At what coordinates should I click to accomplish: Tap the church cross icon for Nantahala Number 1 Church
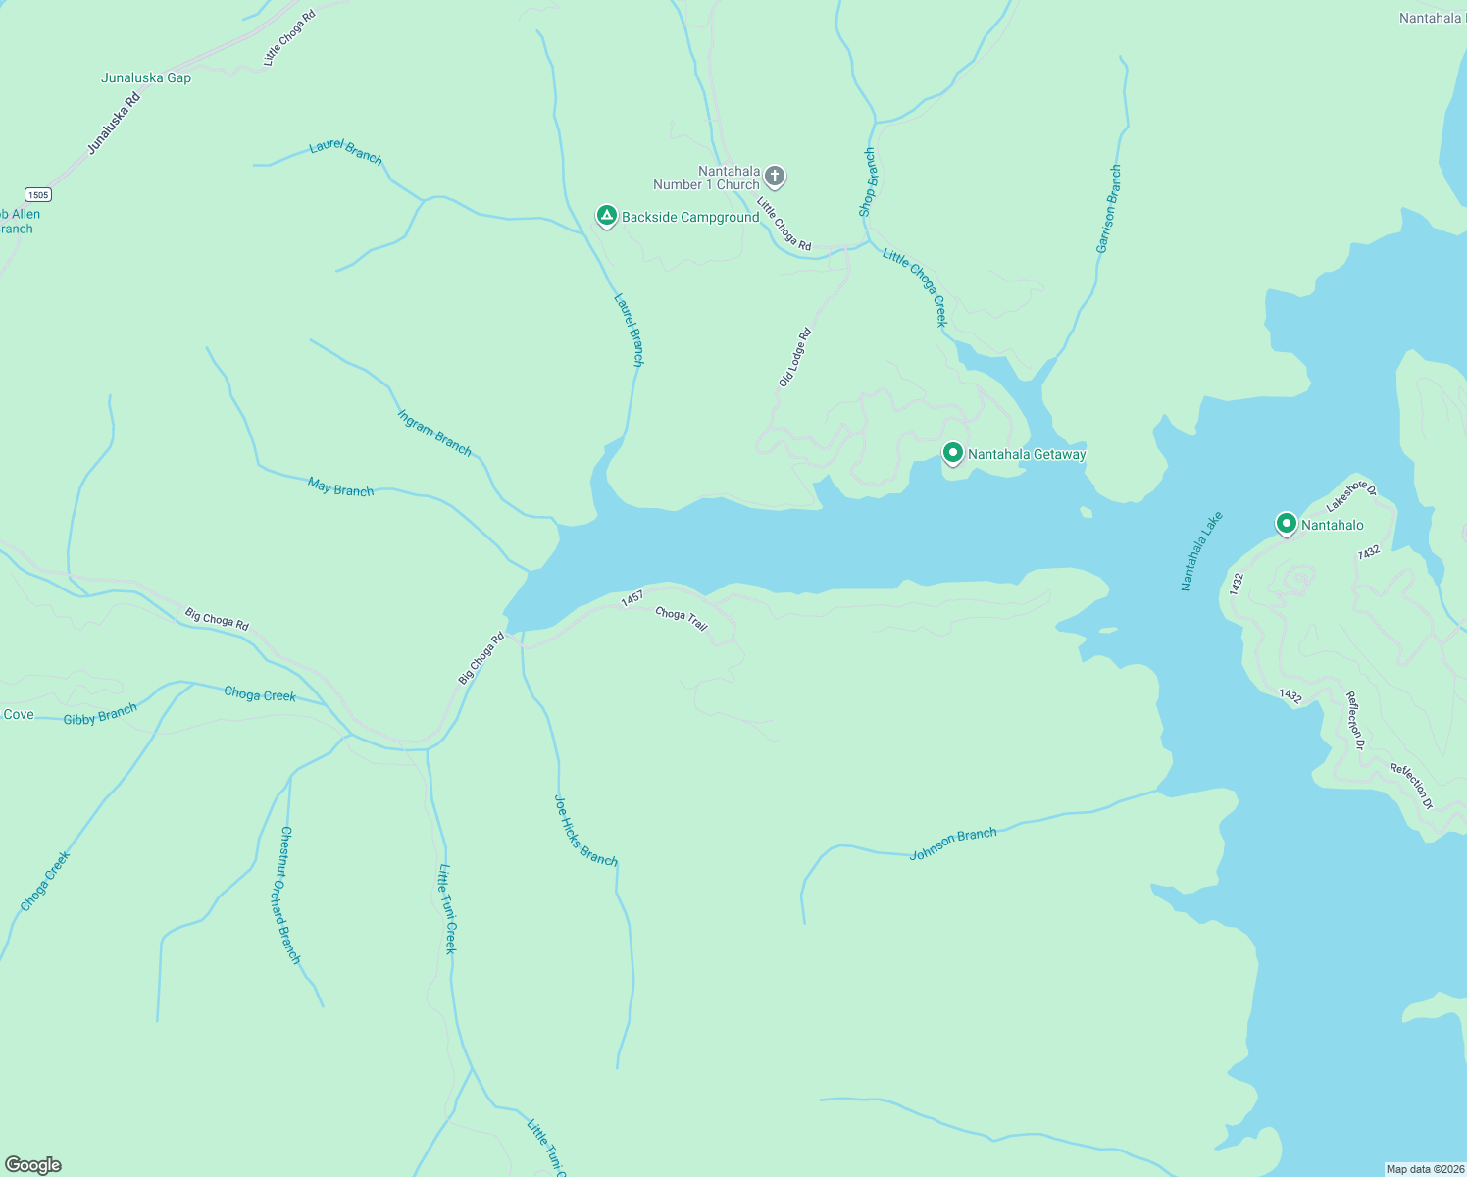click(775, 177)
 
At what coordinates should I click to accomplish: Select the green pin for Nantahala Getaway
click(952, 453)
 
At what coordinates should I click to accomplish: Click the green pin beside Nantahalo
click(1286, 524)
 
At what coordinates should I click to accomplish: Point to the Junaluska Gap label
click(146, 77)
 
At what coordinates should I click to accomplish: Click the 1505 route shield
click(38, 194)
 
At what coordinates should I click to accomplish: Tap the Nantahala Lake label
click(1201, 551)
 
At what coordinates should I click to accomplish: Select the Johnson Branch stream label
click(952, 844)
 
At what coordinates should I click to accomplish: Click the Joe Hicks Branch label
click(585, 831)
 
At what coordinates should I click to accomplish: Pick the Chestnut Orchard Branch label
click(290, 895)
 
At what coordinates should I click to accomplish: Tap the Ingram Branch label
click(434, 433)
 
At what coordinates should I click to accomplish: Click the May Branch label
click(340, 487)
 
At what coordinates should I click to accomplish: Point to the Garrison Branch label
click(1108, 210)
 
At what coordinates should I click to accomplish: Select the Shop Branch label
click(867, 182)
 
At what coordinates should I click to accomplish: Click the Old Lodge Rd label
click(795, 357)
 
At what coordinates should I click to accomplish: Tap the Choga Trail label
click(682, 618)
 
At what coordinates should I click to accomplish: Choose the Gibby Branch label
click(100, 714)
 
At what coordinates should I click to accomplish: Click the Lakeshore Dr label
click(1351, 495)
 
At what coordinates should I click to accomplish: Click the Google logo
click(33, 1165)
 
